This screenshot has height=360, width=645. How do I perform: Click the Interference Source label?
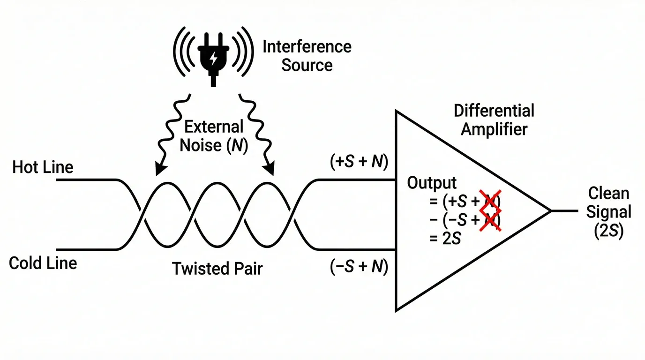point(307,55)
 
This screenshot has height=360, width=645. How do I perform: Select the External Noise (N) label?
point(214,136)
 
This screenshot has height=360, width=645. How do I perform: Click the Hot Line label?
point(43,167)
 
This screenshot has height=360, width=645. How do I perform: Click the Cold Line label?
point(43,263)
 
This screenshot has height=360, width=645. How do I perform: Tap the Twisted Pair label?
point(217,269)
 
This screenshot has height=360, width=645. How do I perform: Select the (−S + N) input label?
point(359,267)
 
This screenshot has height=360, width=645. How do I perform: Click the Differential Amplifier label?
point(494,120)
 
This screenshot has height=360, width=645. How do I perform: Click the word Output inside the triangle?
point(432,183)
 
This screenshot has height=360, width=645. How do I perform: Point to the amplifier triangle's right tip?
point(549,211)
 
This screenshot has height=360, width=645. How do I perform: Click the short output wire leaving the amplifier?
point(565,211)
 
